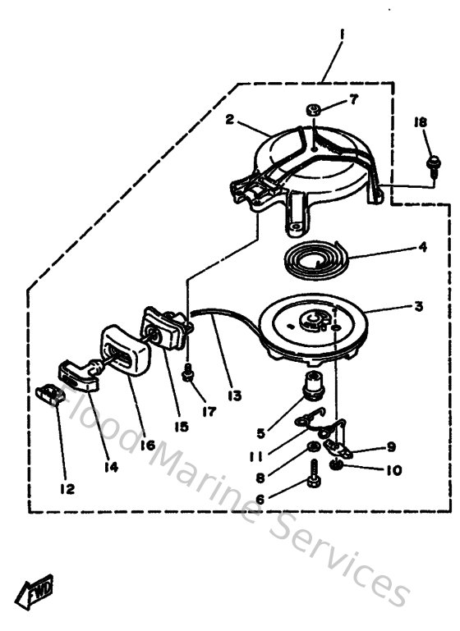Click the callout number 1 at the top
point(341,36)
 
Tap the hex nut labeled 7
point(313,108)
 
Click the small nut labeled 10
point(338,466)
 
